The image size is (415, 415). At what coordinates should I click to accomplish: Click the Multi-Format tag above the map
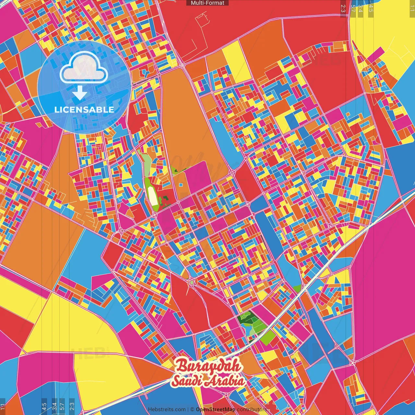pos(207,3)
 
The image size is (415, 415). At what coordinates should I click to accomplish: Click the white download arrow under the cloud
pos(80,94)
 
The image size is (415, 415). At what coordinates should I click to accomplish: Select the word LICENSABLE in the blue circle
pos(84,110)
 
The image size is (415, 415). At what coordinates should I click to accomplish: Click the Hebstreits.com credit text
pos(167,409)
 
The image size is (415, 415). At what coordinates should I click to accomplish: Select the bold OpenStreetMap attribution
pos(216,409)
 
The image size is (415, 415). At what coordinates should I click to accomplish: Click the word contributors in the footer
pos(252,409)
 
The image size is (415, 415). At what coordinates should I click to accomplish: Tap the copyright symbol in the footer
pos(192,409)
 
